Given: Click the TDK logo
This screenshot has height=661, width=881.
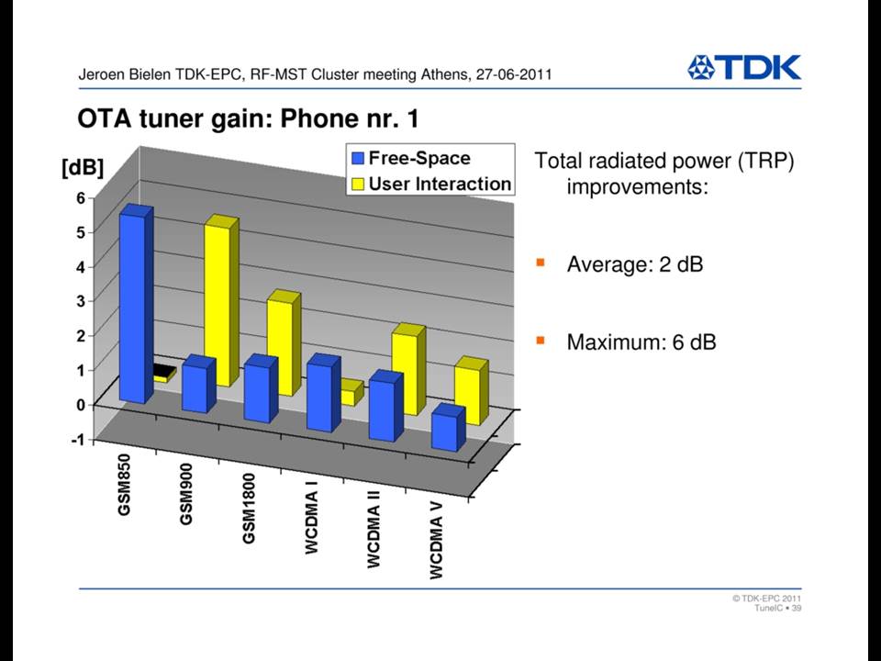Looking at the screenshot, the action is click(744, 68).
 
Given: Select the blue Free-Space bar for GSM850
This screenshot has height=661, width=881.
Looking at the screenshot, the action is click(136, 304).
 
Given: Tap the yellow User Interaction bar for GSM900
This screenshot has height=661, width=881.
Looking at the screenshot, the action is click(221, 301).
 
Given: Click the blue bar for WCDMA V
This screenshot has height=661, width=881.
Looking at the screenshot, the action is click(449, 428).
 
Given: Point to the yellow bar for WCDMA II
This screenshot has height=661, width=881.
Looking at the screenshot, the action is click(408, 369).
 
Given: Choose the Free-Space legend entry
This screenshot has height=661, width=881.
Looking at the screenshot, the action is click(411, 158).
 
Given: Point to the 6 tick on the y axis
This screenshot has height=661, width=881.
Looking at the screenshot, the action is click(81, 197).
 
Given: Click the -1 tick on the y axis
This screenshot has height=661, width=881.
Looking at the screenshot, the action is click(78, 440).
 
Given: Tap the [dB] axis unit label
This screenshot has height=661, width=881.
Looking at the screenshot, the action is click(83, 167).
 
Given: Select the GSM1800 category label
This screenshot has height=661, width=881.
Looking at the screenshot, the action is click(249, 508).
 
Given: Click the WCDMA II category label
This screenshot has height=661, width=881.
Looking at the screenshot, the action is click(374, 529).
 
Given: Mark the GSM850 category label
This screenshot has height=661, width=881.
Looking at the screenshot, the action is click(124, 485).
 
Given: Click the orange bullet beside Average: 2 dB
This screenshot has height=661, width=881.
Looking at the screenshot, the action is click(541, 263).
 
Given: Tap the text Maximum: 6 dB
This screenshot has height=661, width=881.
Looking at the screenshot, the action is click(641, 342).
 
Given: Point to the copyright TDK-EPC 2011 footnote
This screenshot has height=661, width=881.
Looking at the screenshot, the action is click(766, 598).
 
